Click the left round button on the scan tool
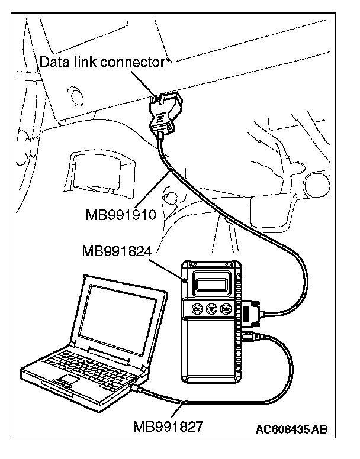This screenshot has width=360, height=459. click(x=198, y=309)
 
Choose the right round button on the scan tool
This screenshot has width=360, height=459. click(x=226, y=309)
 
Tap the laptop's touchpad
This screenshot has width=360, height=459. click(x=67, y=379)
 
